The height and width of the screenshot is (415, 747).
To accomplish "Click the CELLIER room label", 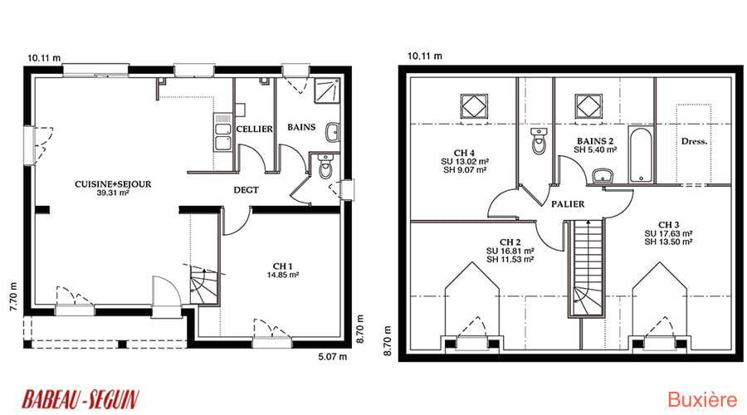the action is (255, 129).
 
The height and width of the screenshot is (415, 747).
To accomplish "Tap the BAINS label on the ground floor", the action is (301, 127).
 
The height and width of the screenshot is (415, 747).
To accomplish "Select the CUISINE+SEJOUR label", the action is (113, 184).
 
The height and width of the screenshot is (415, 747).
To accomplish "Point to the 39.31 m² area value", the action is (113, 193).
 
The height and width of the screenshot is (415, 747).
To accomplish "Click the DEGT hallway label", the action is (246, 189).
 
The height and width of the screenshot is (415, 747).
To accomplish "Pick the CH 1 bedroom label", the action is (282, 266).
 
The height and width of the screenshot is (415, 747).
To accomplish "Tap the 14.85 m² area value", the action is (282, 275).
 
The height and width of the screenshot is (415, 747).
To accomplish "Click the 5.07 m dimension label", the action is (333, 356).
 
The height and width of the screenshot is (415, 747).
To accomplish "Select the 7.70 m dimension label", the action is (13, 297).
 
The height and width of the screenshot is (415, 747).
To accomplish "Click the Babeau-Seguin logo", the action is (80, 399).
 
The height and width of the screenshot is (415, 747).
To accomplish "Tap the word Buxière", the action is (702, 400).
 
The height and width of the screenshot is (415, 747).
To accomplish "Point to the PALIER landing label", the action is (568, 204).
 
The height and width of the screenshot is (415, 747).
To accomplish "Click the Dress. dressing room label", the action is (694, 141).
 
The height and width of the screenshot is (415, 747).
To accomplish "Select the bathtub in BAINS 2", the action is (641, 154).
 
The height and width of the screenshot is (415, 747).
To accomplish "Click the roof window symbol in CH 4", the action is (474, 105).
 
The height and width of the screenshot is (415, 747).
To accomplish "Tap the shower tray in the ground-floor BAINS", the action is (327, 90).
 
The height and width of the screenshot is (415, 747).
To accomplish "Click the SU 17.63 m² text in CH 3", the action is (668, 233).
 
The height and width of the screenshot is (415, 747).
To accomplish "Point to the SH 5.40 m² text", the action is (595, 149).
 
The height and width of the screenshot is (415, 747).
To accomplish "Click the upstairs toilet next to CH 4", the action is (539, 141).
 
